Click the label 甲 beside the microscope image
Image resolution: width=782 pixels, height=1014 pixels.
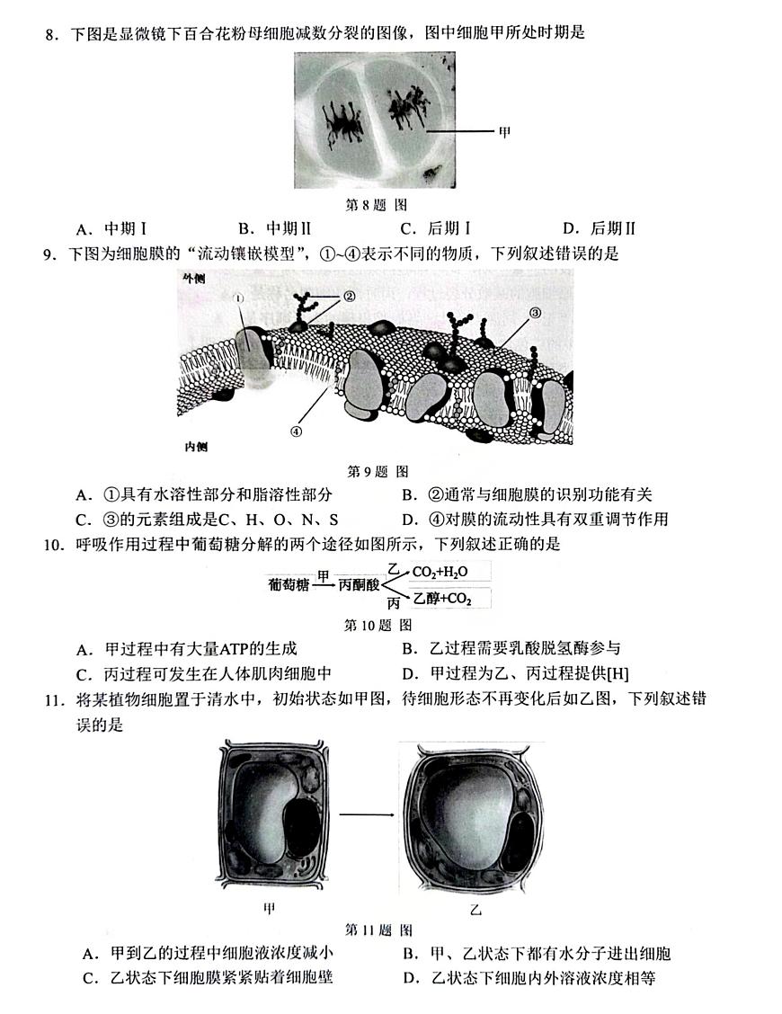504,132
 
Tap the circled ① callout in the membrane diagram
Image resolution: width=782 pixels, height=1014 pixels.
238,298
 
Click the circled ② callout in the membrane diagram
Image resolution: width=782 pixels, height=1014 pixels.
349,296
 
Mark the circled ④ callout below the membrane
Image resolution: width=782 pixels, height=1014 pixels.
295,430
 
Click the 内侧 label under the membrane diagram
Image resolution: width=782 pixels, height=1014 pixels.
195,447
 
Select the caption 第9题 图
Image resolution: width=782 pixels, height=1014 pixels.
378,470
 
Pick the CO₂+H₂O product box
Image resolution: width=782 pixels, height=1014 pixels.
440,572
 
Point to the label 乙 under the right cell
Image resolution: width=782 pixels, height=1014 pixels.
475,909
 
